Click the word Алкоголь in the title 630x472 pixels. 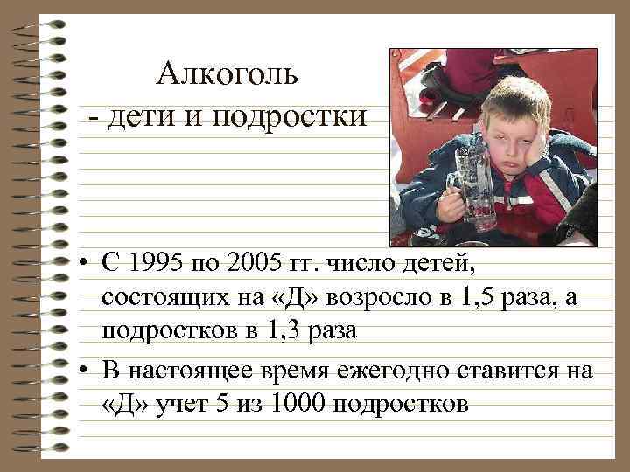228,74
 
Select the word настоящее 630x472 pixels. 194,371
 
